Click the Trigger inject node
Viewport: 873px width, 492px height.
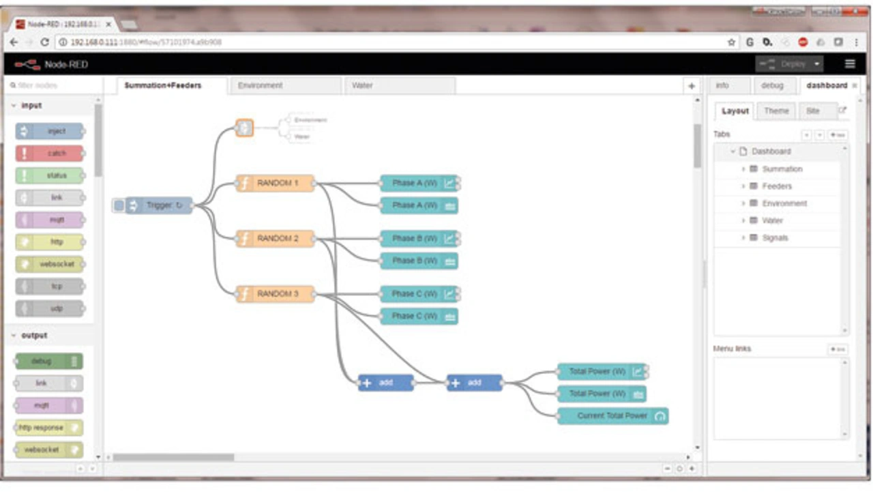[159, 205]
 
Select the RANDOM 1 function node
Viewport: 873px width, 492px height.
[276, 184]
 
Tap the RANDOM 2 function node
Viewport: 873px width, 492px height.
[276, 239]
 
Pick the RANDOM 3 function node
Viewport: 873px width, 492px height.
[276, 294]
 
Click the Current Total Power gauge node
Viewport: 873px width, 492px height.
[612, 416]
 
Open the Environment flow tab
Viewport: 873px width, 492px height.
[261, 85]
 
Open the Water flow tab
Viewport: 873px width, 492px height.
[362, 85]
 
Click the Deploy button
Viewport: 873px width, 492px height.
[788, 64]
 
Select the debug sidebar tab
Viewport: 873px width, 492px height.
[772, 85]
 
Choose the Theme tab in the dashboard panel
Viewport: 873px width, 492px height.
[776, 111]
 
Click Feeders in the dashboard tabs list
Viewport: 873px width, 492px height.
[777, 186]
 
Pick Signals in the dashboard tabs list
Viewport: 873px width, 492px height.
[775, 238]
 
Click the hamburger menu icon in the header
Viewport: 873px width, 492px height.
[850, 64]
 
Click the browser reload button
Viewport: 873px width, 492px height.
[45, 42]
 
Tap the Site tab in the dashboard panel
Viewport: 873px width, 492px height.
[813, 111]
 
